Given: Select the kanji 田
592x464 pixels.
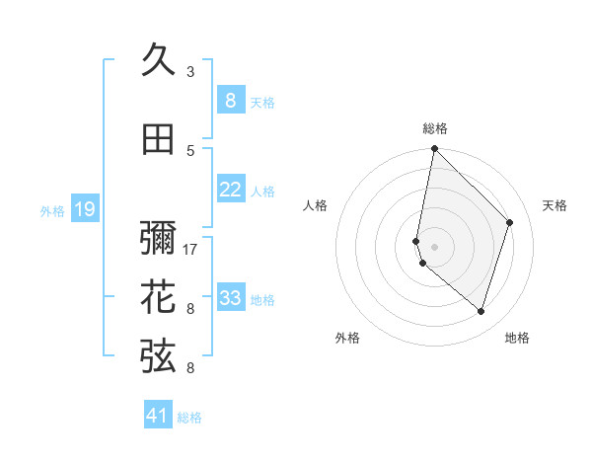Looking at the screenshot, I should pos(158,140).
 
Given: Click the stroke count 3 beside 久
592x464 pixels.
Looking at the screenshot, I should pos(190,71).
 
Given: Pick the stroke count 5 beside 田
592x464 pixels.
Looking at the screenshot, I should pos(190,150).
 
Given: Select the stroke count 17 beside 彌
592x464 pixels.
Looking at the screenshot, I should pos(190,249).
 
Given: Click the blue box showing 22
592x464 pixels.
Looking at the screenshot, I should pos(231,190).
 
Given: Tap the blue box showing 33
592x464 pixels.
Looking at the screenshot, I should pos(231,298).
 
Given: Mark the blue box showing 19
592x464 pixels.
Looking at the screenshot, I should pos(84,209).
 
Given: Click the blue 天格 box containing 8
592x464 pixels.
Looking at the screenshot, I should pos(231,101).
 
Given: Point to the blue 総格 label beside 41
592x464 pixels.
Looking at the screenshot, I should pos(189,418).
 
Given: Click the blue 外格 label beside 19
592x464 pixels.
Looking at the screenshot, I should pos(52,210).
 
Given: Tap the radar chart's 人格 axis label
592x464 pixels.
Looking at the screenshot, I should pos(316,205).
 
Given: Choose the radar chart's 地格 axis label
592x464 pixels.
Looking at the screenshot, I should pos(517,338).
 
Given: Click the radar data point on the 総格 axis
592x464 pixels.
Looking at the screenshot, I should pos(434,149).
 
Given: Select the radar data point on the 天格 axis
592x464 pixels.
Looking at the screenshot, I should pos(509,222).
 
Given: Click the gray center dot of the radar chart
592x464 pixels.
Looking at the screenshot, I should pos(434,246).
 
